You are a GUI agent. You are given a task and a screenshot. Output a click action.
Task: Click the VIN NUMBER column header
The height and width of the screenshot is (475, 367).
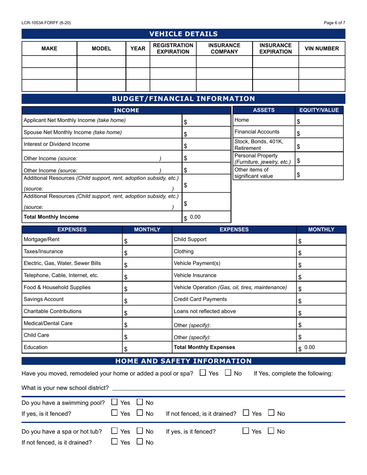(x=322, y=49)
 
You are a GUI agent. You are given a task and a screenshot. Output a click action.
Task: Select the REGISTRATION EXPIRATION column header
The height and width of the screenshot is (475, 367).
(x=173, y=49)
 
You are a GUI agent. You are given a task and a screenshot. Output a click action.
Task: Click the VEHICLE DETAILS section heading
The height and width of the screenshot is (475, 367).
(x=183, y=34)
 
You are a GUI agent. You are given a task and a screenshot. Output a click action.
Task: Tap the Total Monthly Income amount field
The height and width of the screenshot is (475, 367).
(x=206, y=217)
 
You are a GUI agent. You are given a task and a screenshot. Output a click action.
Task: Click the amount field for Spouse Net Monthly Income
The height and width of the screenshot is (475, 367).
(x=206, y=134)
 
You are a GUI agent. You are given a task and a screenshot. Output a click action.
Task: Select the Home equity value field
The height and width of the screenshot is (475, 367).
(x=319, y=121)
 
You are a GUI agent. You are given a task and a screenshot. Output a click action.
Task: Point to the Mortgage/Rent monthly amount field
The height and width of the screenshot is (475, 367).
(x=147, y=241)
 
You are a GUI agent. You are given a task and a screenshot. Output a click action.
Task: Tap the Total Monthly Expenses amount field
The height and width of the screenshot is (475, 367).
(x=321, y=348)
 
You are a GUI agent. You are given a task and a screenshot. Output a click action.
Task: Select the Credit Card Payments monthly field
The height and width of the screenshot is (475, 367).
(x=321, y=300)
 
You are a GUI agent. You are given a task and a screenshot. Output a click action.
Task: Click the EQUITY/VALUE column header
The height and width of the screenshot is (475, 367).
(x=319, y=110)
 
